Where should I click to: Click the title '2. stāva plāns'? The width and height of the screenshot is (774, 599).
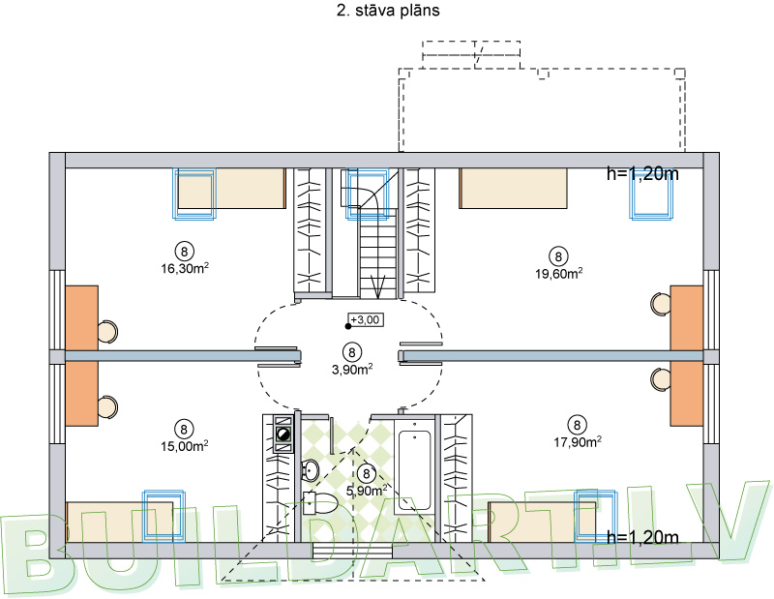click(386, 12)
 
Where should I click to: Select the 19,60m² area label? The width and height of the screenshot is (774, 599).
click(558, 273)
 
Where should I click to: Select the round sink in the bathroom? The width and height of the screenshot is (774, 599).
click(310, 471)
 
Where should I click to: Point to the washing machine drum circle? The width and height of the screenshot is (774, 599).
click(283, 436)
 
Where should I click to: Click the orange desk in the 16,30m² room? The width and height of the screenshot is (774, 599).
click(82, 317)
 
